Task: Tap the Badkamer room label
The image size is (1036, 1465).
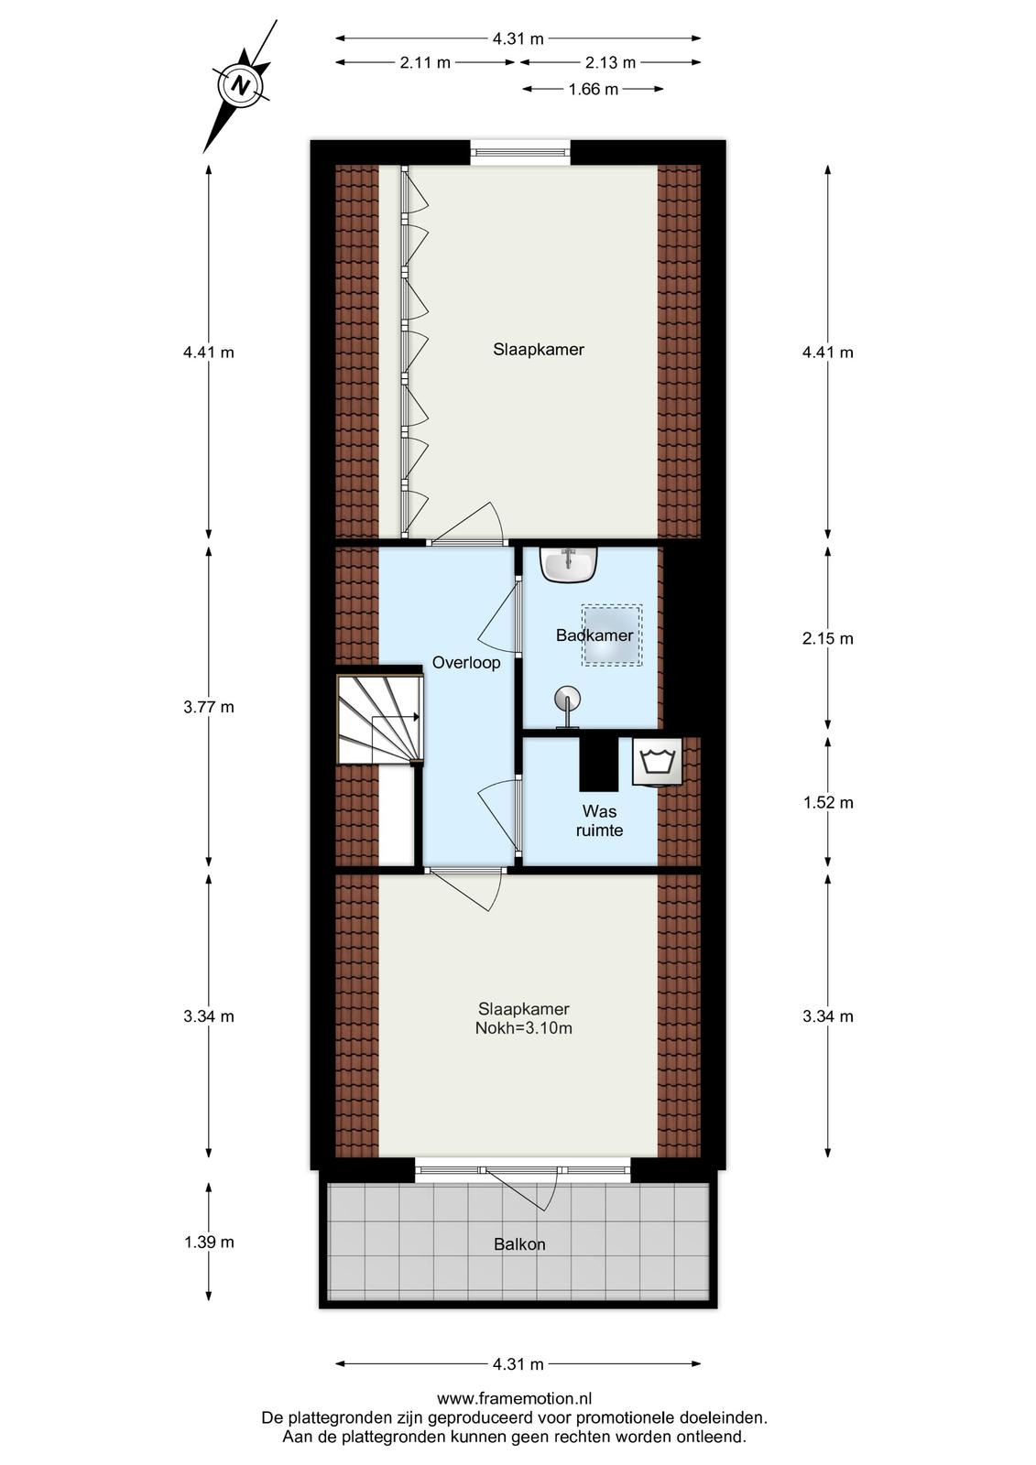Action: pos(594,635)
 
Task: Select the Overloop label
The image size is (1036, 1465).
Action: pos(466,663)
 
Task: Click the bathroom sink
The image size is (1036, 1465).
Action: pos(569,564)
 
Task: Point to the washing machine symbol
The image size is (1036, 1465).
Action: pos(657,761)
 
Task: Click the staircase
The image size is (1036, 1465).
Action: pos(379,719)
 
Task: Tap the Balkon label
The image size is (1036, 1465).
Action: pos(519,1244)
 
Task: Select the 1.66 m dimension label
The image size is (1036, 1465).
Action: pos(593,89)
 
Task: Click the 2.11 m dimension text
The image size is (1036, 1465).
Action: pos(425,63)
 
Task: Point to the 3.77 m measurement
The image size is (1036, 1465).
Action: pos(209,707)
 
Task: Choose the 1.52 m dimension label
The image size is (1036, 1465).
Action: pos(828,802)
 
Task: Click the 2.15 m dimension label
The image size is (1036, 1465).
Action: pos(828,638)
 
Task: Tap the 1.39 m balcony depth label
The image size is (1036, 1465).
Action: pos(209,1242)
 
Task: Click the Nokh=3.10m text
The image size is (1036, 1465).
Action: pos(524,1028)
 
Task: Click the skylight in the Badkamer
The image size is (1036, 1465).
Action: pos(612,635)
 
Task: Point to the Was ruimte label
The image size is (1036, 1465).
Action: pos(599,820)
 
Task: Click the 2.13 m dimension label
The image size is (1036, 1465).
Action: pos(610,63)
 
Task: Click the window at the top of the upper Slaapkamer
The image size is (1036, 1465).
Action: pos(521,152)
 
